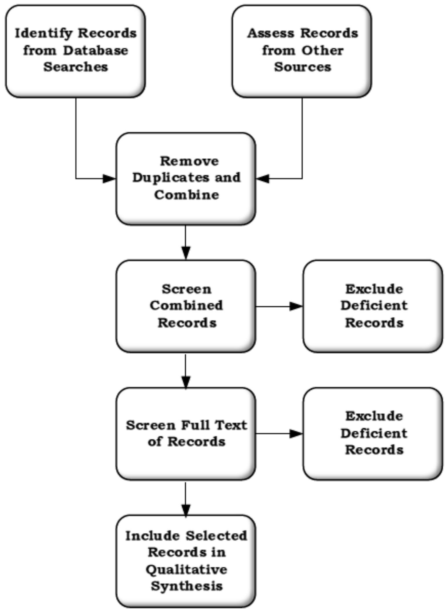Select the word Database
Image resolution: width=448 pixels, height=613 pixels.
pos(96,51)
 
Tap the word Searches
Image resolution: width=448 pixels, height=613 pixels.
pos(76,67)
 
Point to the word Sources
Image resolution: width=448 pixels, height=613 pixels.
pos(303,67)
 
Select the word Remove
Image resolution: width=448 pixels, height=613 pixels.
pos(189,161)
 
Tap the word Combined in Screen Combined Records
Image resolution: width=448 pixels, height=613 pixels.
pos(186,306)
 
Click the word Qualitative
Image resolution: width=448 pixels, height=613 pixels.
pos(186,570)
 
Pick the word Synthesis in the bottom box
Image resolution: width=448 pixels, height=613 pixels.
pos(187,586)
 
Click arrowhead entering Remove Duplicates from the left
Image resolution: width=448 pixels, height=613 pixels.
pos(109,179)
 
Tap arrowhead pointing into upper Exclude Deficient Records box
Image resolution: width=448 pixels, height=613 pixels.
pos(296,306)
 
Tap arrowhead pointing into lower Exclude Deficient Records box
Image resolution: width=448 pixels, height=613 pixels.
pos(296,434)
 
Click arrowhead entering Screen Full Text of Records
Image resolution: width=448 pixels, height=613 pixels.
pos(186,381)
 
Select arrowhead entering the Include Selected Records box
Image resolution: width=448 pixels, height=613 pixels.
pos(186,509)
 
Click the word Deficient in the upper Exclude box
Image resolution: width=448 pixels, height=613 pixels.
pos(374,306)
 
